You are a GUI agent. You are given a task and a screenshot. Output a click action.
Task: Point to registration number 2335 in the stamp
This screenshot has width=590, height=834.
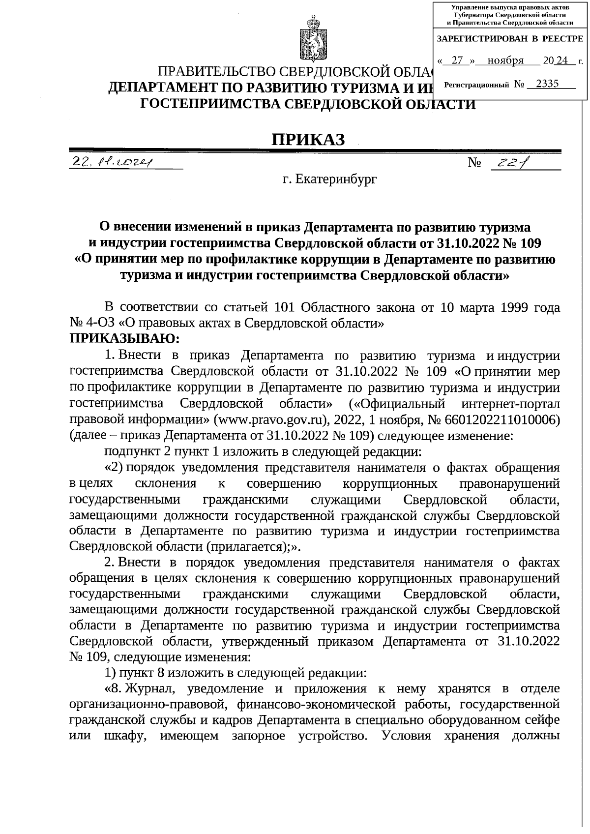point(547,84)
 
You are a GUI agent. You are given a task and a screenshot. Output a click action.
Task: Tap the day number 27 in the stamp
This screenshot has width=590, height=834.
point(457,60)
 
